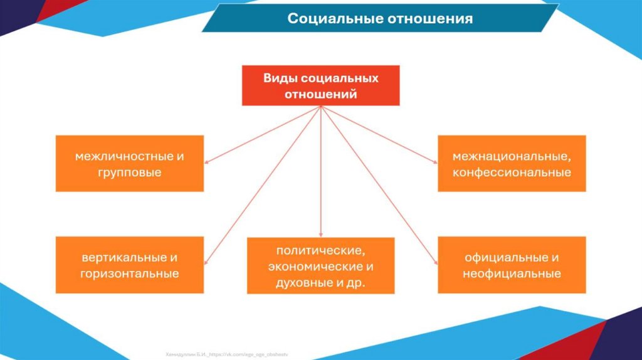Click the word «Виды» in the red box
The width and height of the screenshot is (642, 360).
tap(279, 78)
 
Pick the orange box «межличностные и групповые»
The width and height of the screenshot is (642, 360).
tap(130, 163)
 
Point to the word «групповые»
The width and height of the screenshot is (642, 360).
tap(130, 172)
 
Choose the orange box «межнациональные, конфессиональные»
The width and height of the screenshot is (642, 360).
tap(512, 163)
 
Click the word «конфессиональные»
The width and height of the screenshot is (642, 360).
tap(512, 172)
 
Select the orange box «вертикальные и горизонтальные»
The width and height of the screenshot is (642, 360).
tap(130, 265)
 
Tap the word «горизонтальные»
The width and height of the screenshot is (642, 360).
tap(130, 273)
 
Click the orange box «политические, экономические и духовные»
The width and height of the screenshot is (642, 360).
tap(320, 266)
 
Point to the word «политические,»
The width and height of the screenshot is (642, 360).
tap(320, 250)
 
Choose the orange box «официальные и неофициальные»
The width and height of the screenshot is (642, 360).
tap(512, 265)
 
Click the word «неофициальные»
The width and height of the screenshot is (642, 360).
tap(512, 274)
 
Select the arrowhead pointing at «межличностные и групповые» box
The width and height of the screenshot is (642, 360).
tap(208, 162)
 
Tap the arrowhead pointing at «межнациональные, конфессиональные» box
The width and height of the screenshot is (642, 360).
tap(434, 162)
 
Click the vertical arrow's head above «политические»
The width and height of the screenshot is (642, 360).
tap(320, 233)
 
